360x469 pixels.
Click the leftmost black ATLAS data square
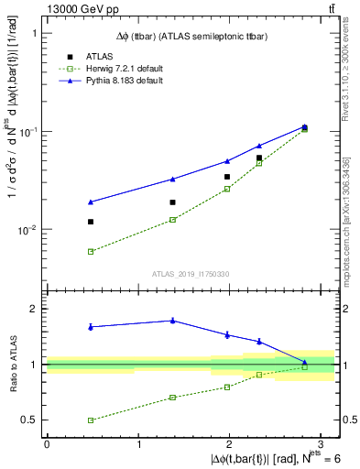tap(91, 222)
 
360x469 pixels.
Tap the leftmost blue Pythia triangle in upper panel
tap(91, 202)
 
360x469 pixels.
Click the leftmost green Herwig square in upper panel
tap(91, 251)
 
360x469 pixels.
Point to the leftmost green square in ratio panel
tap(91, 420)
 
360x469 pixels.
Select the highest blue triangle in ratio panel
tap(172, 320)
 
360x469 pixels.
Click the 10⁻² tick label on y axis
tap(30, 230)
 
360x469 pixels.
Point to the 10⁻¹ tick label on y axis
tap(30, 131)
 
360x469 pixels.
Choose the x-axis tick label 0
tap(47, 443)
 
